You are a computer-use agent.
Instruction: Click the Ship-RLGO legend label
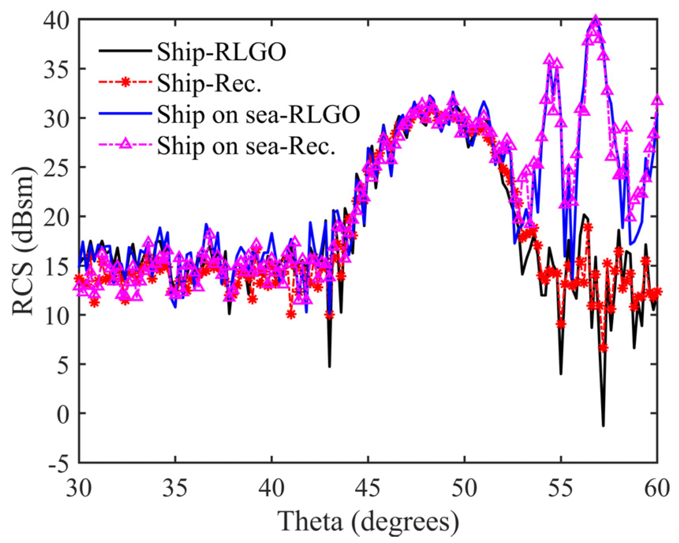point(221,52)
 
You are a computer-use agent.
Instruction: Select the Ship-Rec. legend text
point(209,83)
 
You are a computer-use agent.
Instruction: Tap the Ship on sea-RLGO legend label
point(258,114)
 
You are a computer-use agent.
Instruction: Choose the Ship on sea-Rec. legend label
point(246,146)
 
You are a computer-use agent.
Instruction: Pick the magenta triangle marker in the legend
point(125,144)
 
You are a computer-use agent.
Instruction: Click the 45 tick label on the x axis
point(368,488)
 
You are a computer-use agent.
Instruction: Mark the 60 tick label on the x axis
point(657,488)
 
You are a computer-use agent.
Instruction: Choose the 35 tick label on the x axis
point(175,488)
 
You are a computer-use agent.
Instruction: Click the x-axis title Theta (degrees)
point(368,521)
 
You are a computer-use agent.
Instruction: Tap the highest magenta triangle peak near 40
point(596,21)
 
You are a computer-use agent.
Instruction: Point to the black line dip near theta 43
point(329,366)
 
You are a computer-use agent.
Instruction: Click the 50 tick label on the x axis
point(464,488)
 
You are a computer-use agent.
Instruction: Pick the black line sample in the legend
point(125,51)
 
